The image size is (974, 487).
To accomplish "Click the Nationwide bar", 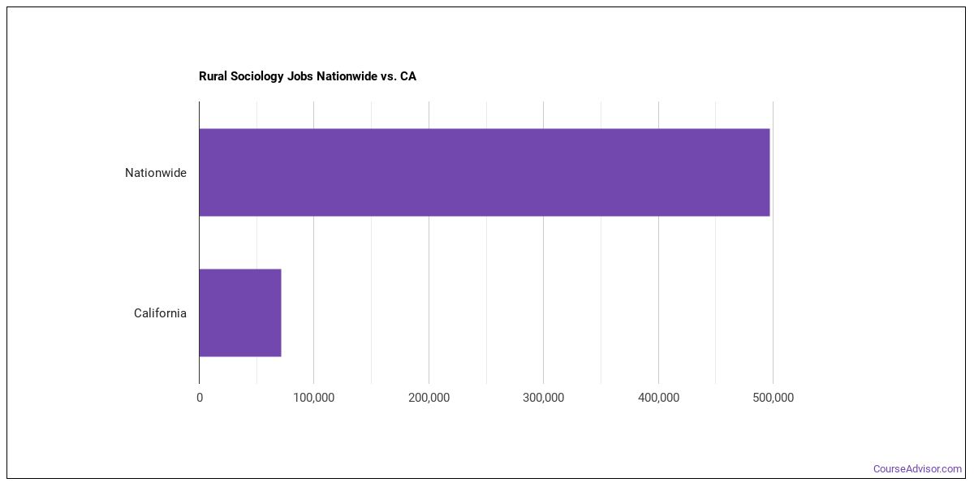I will click(x=484, y=172).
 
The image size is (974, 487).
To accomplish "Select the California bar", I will click(x=240, y=312).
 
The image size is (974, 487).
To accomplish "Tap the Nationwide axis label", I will click(x=155, y=173).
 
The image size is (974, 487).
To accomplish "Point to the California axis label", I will click(x=160, y=313).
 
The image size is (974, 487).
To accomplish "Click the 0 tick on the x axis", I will click(x=200, y=398).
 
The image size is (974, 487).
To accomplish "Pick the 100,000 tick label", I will click(x=314, y=398).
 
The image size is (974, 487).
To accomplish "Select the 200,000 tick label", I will click(x=429, y=398).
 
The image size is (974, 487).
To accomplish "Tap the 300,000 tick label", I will click(x=544, y=398).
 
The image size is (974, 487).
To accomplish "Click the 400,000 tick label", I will click(x=658, y=398).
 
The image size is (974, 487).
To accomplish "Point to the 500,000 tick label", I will click(x=773, y=398).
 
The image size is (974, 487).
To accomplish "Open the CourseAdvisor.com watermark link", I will click(x=917, y=469).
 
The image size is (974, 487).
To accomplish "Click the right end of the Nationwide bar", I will click(x=768, y=172).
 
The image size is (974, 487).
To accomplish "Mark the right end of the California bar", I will click(x=279, y=312).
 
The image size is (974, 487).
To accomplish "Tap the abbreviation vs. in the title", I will click(x=389, y=76).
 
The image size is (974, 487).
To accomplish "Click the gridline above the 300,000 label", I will click(x=544, y=243).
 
